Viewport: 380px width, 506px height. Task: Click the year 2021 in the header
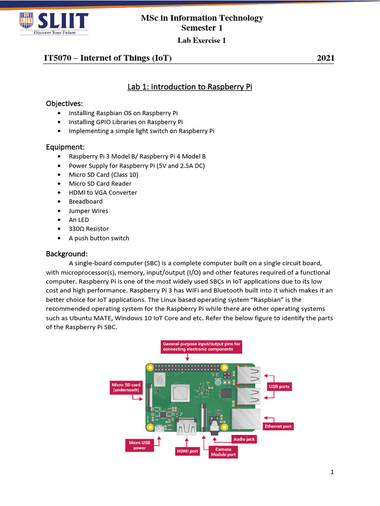coord(325,58)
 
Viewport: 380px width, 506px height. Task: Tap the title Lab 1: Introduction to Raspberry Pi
coord(190,87)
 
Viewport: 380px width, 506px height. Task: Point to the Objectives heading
coord(64,103)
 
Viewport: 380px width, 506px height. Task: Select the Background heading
coord(67,253)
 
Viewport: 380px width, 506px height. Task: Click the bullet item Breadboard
coord(86,202)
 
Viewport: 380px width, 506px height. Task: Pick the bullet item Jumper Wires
coord(88,211)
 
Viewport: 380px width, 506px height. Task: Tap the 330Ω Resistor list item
coord(89,229)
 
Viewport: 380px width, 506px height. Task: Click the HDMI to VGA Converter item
coord(103,192)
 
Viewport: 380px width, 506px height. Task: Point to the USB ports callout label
coord(280,386)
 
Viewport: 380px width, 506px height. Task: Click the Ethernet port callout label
coord(278,426)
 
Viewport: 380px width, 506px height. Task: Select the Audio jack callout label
coord(244,439)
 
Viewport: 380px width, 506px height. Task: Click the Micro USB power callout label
coord(139,446)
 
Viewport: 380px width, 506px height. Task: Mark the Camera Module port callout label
coord(224,452)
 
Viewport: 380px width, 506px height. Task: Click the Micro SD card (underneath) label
coord(126,387)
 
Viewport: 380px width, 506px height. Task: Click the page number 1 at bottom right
coord(332,472)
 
